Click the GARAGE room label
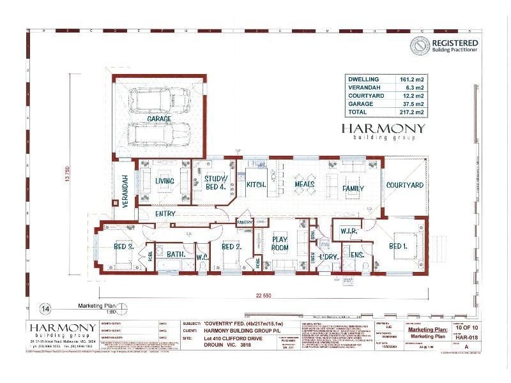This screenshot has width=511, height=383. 159,119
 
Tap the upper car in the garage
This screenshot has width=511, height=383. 160,100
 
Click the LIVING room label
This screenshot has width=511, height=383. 165,181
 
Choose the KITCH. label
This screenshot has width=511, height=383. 256,184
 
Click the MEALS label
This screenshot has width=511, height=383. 304,185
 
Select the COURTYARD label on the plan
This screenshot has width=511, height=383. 405,185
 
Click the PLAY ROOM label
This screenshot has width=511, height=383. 280,243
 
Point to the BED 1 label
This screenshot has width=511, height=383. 398,246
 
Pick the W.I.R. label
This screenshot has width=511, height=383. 348,230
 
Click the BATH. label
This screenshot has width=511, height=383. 176,254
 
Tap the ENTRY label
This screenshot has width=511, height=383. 165,214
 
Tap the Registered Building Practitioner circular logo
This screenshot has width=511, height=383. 418,45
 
